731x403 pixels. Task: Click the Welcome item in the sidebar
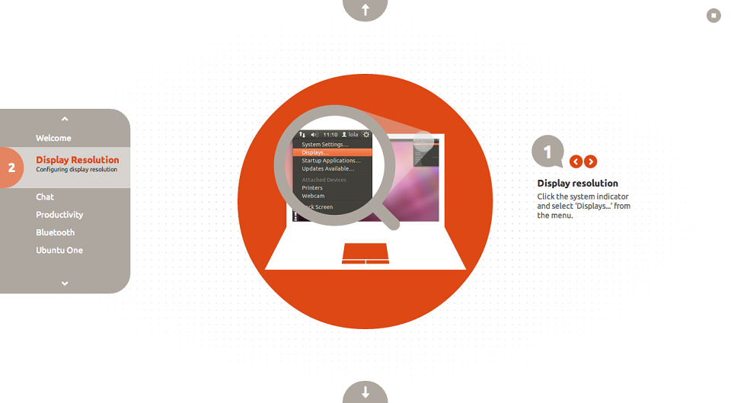tap(53, 138)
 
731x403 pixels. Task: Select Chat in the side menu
tap(45, 197)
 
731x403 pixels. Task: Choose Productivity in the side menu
tap(59, 215)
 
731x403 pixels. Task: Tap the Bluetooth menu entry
tap(55, 232)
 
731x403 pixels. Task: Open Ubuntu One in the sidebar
tap(59, 250)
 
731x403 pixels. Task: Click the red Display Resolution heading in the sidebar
tap(78, 159)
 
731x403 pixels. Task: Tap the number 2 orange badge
tap(11, 168)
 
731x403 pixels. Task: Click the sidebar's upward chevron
tap(65, 119)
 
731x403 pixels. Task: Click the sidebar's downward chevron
tap(65, 283)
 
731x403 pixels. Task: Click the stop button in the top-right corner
tap(713, 15)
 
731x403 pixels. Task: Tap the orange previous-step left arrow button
tap(576, 162)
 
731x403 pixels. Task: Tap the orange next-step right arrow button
tap(591, 162)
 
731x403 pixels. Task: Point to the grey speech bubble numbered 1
tap(547, 151)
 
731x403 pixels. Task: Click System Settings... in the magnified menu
tap(325, 145)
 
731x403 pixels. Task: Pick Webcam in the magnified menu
tap(313, 196)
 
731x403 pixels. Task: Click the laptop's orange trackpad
tap(365, 253)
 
